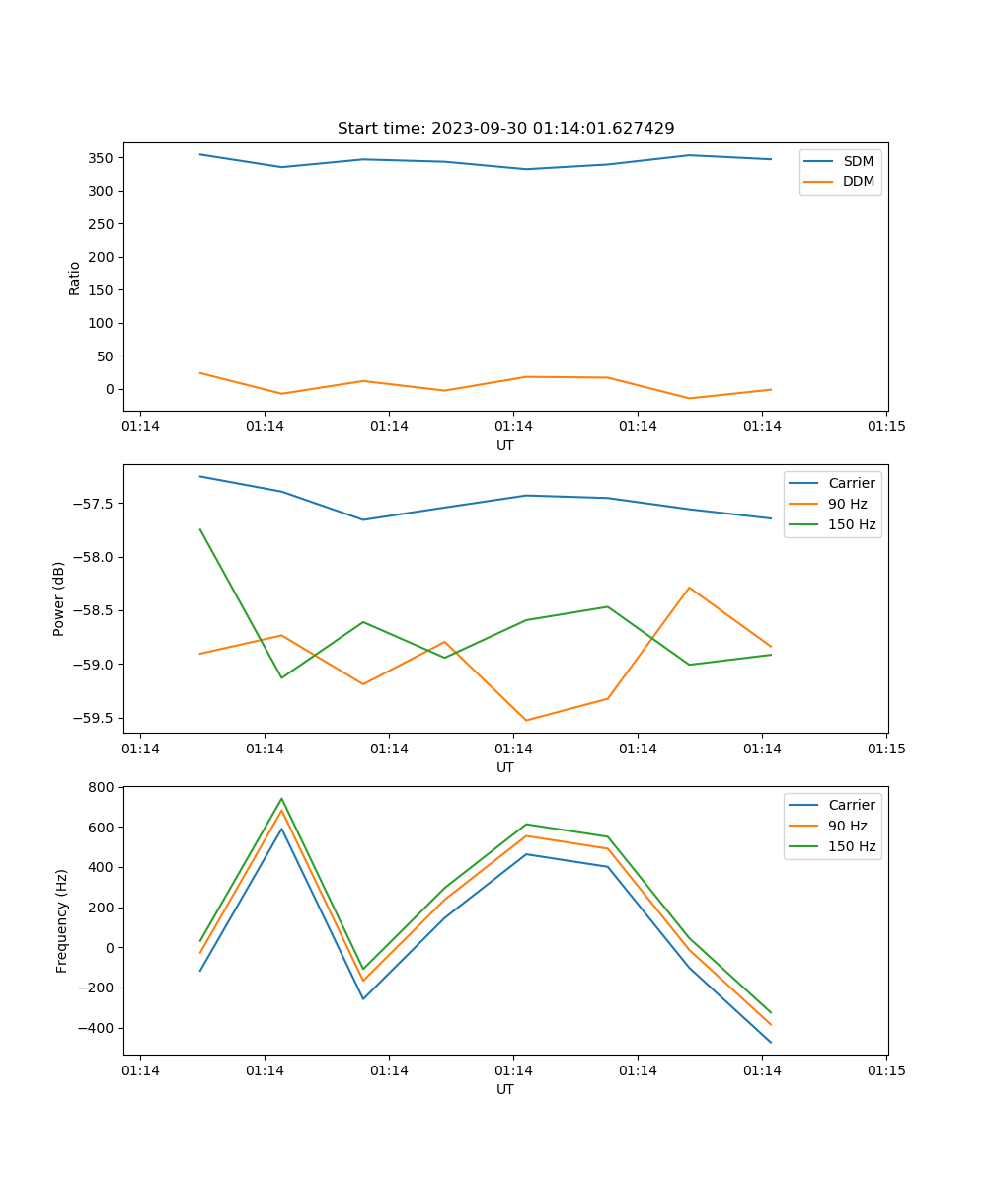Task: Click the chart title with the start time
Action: point(505,129)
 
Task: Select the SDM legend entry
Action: point(858,161)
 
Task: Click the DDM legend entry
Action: point(858,181)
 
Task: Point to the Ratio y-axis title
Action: point(75,277)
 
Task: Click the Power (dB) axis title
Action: point(59,598)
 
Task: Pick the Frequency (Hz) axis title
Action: point(62,920)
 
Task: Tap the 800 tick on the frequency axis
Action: point(104,787)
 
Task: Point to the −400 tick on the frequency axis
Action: point(99,1028)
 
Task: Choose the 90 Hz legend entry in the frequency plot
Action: point(848,826)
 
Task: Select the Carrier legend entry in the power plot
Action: point(851,483)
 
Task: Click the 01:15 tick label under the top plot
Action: point(885,427)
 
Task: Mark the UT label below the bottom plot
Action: point(505,1089)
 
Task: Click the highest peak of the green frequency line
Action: point(281,799)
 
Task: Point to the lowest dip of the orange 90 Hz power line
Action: point(526,720)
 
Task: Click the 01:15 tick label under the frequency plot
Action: point(885,1070)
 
